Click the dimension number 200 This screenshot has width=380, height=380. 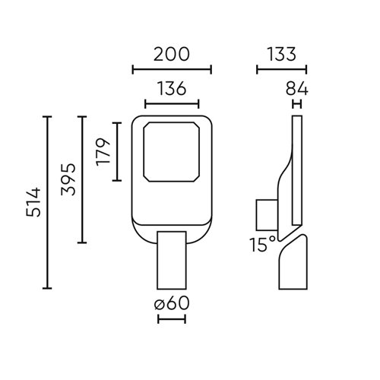171,54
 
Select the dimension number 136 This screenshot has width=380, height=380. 171,88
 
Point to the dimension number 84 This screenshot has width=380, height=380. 297,88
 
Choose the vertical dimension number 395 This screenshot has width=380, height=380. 67,179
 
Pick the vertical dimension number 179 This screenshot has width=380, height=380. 103,151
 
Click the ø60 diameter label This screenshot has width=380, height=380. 171,304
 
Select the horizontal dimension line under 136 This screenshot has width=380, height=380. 171,104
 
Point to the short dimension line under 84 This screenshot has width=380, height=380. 296,104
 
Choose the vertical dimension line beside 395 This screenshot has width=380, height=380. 82,179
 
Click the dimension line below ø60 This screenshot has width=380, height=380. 171,319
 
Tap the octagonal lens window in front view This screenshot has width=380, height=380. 171,151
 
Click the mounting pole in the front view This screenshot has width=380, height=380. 171,262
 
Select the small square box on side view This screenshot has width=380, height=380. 267,214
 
